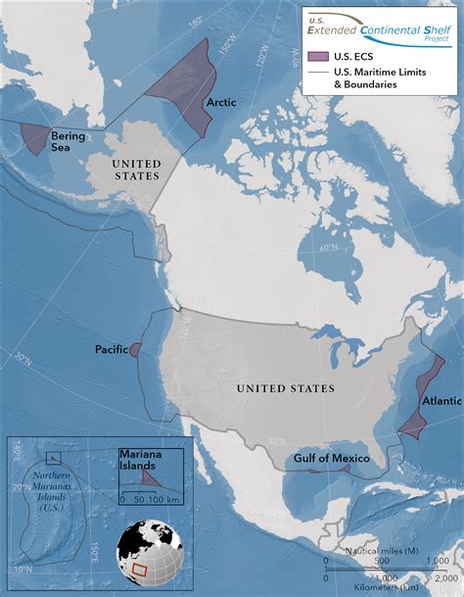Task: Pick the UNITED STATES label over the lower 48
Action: (285, 389)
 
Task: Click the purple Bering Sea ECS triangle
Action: (37, 134)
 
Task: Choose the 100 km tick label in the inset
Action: (160, 500)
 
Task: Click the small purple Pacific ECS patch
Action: (134, 350)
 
